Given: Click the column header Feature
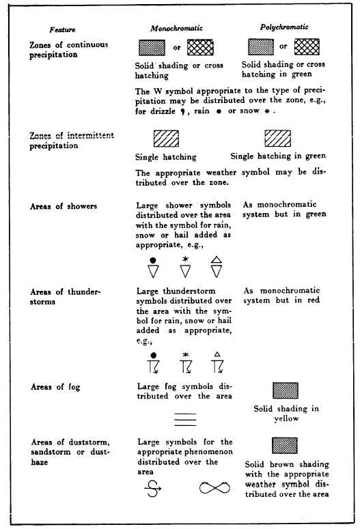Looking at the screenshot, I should click(x=62, y=31).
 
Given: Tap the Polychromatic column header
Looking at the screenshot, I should click(x=284, y=27).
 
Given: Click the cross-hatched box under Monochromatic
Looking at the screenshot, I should click(x=200, y=47).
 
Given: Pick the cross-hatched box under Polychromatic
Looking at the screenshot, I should click(x=307, y=46).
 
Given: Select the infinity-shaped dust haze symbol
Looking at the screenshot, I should click(x=214, y=487).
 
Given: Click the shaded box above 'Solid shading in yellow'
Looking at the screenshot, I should click(x=285, y=390).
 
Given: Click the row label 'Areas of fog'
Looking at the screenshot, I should click(x=55, y=387).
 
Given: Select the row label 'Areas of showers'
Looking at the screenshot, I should click(x=64, y=206).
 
